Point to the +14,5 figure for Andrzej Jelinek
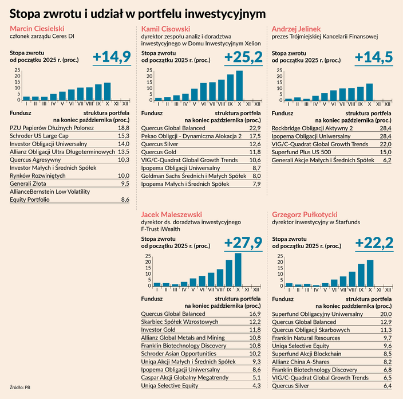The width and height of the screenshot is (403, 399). point(374,57)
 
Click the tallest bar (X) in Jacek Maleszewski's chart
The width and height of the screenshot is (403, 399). point(238,269)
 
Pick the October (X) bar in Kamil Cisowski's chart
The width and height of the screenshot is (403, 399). point(239,85)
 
